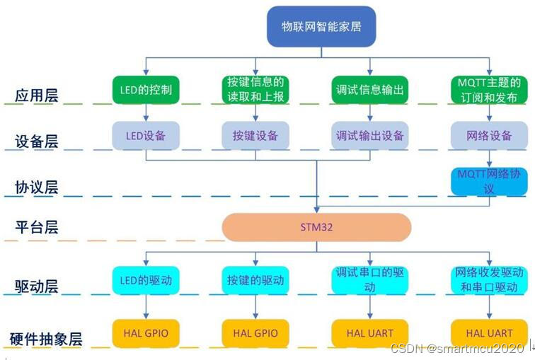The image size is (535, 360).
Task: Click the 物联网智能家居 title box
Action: pos(320,28)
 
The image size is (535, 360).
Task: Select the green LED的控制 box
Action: pos(146,90)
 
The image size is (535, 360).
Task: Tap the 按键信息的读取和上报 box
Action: pos(255,90)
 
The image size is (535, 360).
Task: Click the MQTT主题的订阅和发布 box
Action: pos(489,90)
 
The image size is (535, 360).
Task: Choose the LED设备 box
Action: pos(146,135)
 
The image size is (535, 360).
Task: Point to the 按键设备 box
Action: pos(255,135)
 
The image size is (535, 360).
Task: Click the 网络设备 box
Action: pos(489,135)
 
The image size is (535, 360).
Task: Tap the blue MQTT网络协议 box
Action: pos(489,180)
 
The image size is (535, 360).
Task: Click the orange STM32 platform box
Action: pos(316,228)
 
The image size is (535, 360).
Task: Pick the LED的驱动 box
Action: pos(146,280)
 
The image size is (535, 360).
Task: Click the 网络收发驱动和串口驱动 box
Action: pos(489,280)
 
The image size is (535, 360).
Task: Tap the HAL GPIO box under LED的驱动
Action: pos(146,332)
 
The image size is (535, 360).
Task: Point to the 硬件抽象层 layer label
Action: pos(46,339)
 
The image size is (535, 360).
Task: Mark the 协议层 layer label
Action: pos(37,187)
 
